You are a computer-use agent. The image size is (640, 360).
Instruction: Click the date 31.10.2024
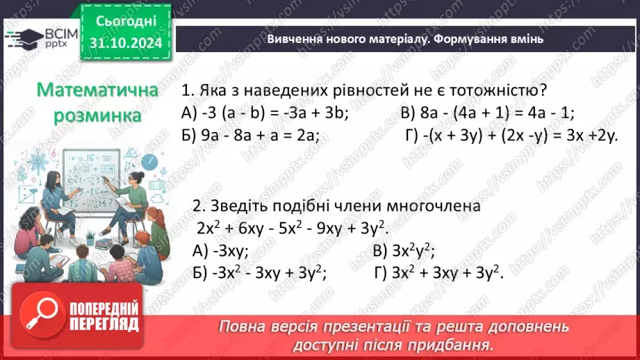click(126, 44)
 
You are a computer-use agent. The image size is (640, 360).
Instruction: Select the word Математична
click(97, 90)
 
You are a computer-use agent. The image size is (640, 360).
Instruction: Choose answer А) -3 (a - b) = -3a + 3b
click(265, 113)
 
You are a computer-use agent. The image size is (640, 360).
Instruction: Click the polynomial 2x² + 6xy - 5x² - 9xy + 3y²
click(291, 229)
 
